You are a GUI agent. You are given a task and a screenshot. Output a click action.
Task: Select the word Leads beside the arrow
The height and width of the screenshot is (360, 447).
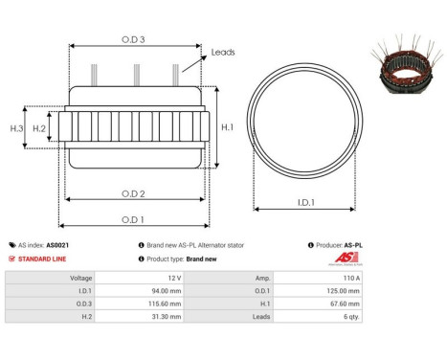[223, 53]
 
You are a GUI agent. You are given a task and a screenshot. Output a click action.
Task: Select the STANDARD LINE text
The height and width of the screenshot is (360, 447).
[42, 259]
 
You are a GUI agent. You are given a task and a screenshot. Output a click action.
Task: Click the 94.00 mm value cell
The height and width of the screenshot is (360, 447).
[194, 292]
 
